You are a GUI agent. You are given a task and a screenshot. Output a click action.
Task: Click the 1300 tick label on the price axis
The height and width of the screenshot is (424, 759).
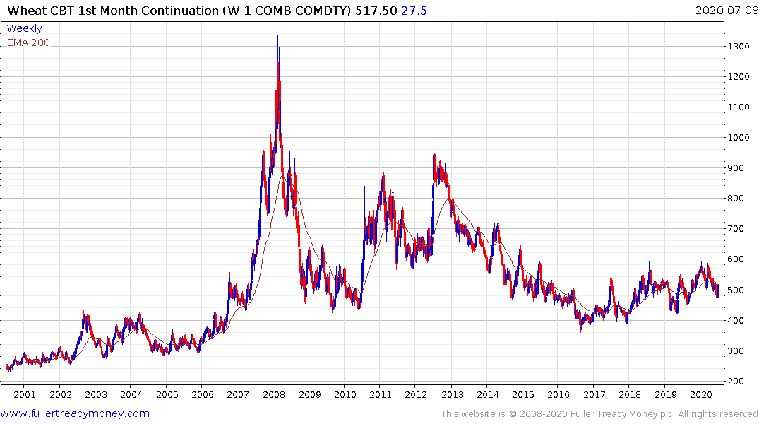(x=739, y=46)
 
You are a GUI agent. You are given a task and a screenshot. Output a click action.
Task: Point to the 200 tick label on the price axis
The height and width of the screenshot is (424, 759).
(x=737, y=382)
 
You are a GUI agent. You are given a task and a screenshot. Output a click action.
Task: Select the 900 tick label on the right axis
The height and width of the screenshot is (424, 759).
(x=737, y=168)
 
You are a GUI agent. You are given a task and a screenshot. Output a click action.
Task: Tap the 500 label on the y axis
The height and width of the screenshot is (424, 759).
(x=737, y=290)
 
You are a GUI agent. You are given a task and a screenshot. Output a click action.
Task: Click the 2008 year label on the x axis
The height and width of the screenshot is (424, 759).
(x=273, y=394)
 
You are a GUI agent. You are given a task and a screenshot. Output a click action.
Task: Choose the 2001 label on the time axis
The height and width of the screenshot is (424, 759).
(x=25, y=394)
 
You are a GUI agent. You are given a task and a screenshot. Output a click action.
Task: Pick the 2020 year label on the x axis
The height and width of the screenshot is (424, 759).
(x=700, y=394)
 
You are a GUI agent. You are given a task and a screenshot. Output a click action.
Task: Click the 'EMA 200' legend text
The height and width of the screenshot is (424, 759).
(x=28, y=42)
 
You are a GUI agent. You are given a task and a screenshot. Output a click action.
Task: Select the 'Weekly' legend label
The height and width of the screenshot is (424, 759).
(x=24, y=28)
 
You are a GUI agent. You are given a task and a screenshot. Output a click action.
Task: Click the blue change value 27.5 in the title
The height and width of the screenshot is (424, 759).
(x=414, y=11)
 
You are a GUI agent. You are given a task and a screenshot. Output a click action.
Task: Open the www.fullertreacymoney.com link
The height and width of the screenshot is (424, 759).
(x=75, y=413)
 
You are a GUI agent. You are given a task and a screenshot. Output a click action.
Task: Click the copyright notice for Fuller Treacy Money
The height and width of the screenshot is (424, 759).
(x=599, y=414)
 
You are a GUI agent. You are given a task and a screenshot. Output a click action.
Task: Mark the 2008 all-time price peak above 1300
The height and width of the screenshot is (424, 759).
(x=277, y=37)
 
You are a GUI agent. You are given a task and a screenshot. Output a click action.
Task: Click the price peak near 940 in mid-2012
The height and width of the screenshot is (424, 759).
(x=434, y=155)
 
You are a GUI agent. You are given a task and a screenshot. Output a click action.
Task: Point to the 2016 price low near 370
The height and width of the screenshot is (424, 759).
(x=581, y=329)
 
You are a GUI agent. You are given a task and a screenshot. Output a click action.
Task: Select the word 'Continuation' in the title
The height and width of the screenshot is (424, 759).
(x=160, y=11)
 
